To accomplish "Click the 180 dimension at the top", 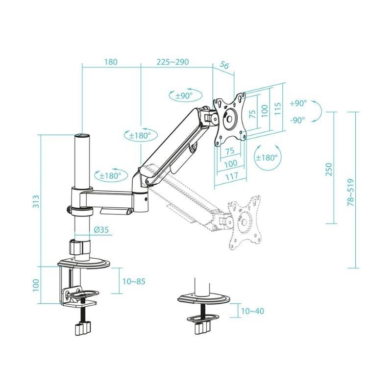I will (111, 62).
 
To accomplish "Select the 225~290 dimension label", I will (172, 62).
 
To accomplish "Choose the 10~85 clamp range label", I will (133, 281).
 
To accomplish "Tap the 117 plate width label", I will (231, 175).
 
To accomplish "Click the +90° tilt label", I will (297, 103).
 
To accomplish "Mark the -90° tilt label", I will (297, 119).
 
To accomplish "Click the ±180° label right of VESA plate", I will (267, 157).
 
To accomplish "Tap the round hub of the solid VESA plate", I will (230, 119).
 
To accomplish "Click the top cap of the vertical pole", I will (82, 136).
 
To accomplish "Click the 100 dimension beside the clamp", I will (36, 285).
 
